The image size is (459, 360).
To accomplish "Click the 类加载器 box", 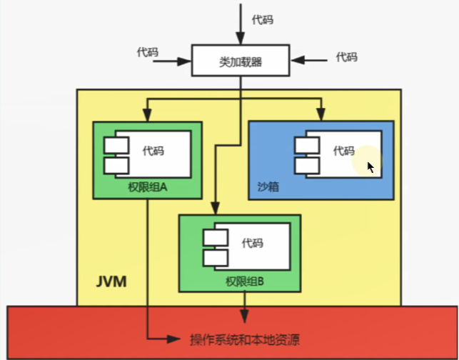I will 240,61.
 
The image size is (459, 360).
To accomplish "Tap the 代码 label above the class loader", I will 262,19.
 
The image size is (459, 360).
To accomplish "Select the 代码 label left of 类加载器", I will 147,52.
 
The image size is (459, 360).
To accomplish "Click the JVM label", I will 111,281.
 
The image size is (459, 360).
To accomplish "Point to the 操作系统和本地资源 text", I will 244,339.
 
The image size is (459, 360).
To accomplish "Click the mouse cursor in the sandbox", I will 370,166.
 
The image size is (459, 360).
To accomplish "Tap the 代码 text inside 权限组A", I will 153,150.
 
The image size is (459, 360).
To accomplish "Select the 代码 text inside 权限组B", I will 252,243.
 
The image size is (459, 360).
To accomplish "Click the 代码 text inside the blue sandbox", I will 343,150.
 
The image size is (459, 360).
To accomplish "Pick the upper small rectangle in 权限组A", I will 115,146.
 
